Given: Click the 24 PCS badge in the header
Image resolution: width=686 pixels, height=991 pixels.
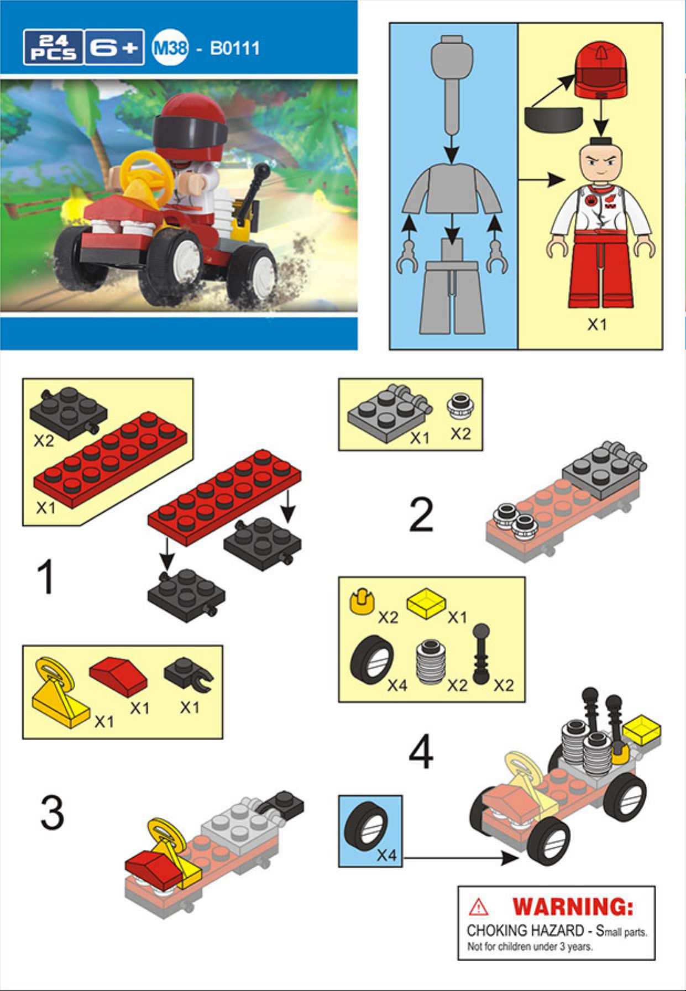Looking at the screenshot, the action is [x=54, y=48].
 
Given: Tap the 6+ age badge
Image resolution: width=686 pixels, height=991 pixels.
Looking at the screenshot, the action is [x=114, y=48].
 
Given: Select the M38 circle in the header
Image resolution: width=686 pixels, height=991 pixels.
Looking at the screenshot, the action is [x=170, y=48].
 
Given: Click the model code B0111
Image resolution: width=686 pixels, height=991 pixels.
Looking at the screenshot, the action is [x=235, y=48].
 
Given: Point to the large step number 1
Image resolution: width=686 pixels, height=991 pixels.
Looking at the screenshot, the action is [x=45, y=576].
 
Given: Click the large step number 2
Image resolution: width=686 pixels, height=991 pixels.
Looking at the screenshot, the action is [x=421, y=515].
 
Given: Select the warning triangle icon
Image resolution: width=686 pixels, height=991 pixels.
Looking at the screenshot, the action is [x=479, y=907].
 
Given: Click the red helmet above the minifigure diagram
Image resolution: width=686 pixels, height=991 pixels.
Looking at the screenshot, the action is [x=601, y=70].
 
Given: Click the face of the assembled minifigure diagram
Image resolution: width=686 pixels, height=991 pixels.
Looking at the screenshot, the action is [x=601, y=162].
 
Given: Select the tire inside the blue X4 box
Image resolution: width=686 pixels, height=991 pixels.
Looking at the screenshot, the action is [x=366, y=827].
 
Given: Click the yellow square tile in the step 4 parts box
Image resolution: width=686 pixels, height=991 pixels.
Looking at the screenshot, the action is [x=426, y=604].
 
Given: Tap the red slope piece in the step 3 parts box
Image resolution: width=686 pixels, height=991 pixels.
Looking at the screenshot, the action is [x=119, y=677].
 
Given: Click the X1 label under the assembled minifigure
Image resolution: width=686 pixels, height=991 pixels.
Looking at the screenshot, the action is [x=597, y=324].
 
